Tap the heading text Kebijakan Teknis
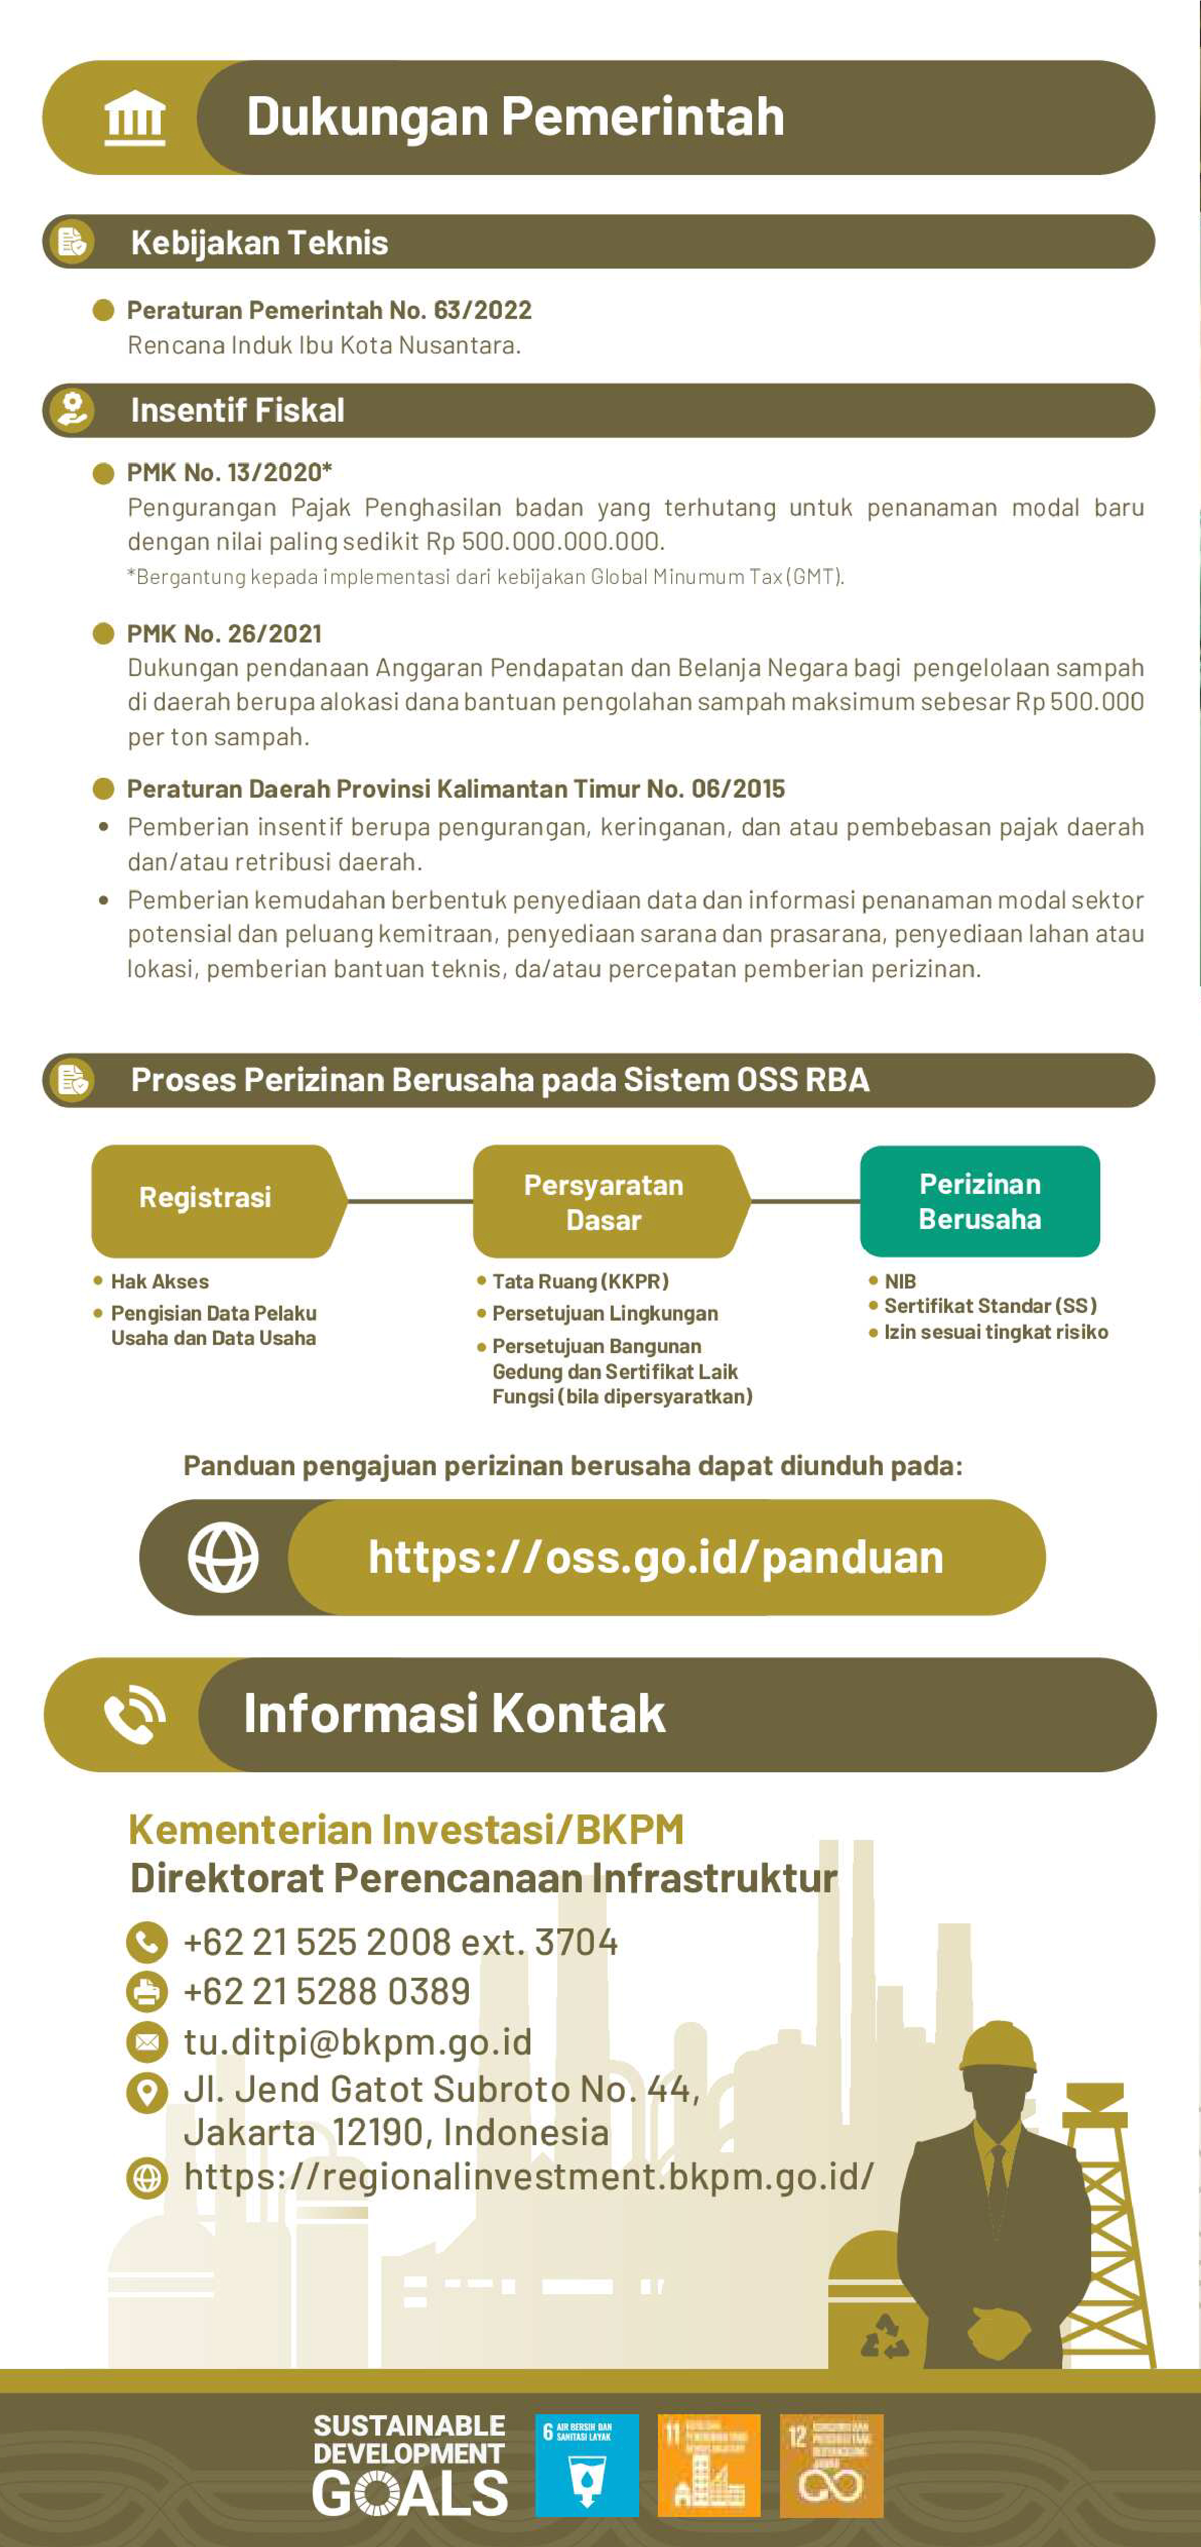point(259,242)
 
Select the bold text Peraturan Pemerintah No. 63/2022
point(329,310)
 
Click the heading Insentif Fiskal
point(237,411)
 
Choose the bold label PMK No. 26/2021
point(224,634)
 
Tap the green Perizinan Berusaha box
point(980,1202)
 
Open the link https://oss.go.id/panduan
point(655,1557)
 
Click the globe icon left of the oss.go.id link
point(223,1557)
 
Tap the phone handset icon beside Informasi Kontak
point(134,1714)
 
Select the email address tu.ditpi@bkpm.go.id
point(358,2042)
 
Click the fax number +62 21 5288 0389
point(326,1992)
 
